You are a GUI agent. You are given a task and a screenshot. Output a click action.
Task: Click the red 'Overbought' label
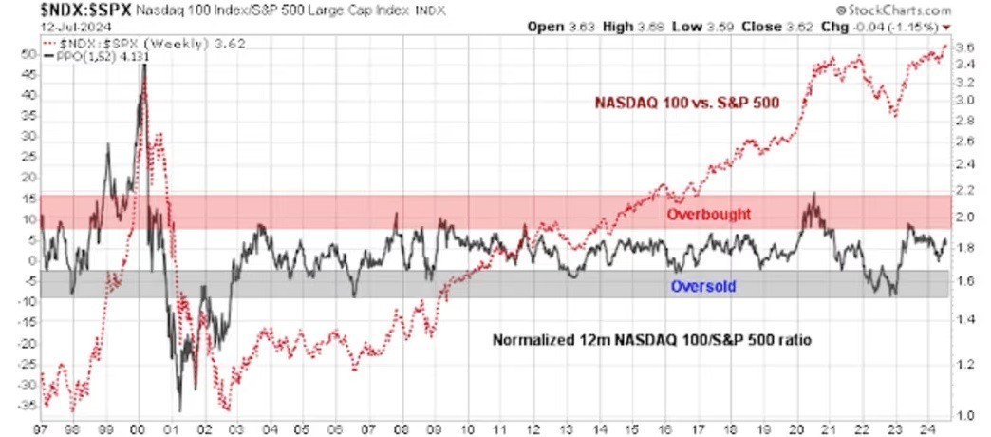(x=708, y=215)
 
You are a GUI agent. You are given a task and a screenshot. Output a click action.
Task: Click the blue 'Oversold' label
(x=703, y=285)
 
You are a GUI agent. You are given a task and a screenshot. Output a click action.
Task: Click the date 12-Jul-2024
(x=39, y=26)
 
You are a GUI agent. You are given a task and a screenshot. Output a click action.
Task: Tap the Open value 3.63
(x=583, y=27)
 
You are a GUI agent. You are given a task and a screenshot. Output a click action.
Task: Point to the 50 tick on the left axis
(x=28, y=54)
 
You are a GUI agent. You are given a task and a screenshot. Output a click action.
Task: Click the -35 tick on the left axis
(x=26, y=404)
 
